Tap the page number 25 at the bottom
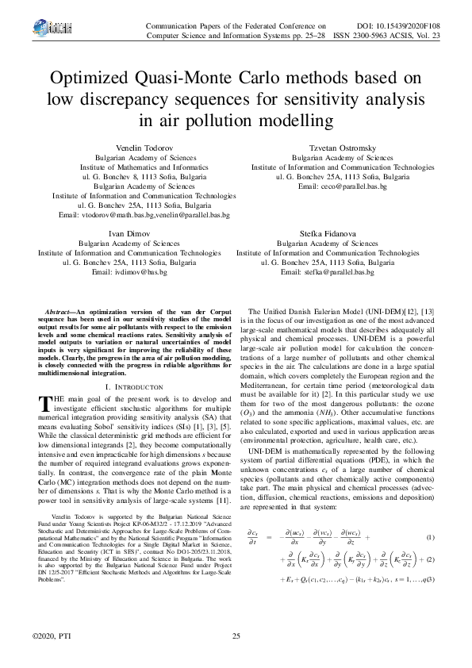pos(236,636)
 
